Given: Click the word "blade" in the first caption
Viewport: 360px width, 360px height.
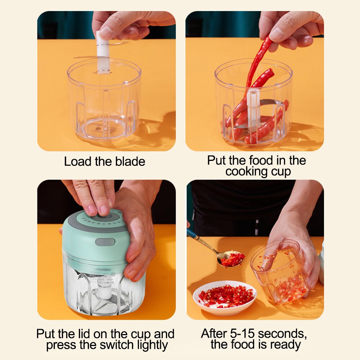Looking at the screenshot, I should click(129, 162).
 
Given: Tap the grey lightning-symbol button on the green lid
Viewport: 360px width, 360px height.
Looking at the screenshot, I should click(105, 242).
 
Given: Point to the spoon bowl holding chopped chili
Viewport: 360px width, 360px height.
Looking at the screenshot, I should click(230, 259).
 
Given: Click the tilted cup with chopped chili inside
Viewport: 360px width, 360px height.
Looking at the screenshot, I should click(281, 274).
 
